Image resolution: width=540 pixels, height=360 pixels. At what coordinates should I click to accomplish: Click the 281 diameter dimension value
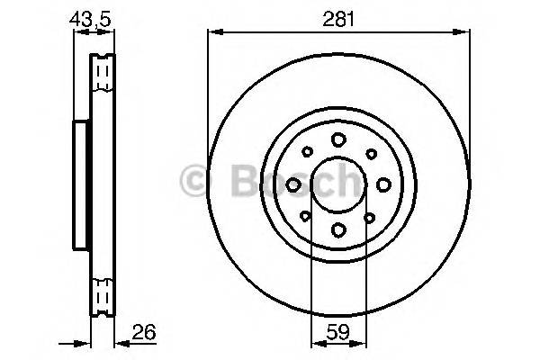337,16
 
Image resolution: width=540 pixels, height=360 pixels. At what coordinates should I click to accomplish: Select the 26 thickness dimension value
144,332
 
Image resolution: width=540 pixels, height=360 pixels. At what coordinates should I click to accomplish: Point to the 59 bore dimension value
337,332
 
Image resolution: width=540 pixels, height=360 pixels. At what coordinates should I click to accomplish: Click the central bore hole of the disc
338,184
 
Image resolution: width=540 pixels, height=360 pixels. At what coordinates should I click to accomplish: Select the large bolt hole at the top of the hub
338,139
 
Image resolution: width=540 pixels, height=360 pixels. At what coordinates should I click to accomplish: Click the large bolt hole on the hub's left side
293,184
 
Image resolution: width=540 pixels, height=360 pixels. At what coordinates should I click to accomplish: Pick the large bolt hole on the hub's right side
383,184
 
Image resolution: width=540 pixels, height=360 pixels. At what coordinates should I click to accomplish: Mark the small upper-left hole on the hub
307,152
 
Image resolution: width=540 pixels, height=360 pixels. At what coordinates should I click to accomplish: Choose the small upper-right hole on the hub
370,152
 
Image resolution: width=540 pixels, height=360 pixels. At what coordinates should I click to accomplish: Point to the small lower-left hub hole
307,216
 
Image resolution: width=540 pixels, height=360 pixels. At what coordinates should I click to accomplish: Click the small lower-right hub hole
370,216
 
